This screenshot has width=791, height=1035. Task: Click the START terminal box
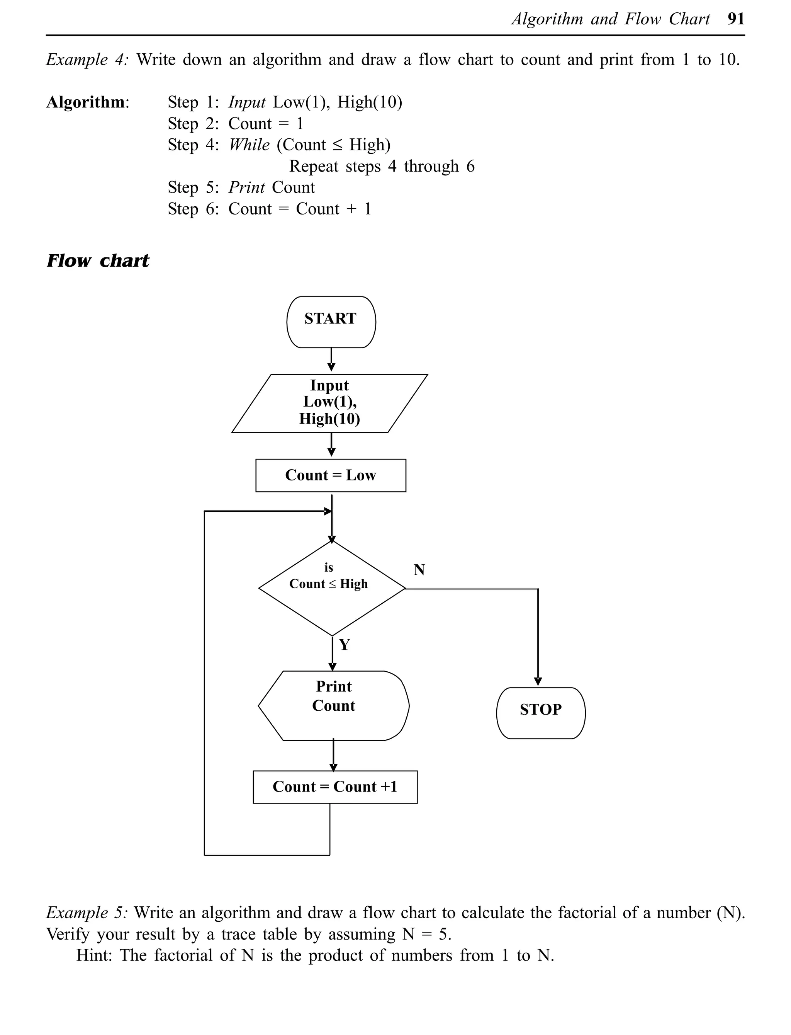point(331,322)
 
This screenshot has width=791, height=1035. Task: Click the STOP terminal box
point(540,713)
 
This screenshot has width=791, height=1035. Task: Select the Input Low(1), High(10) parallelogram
point(329,403)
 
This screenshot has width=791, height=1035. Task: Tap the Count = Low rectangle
point(331,475)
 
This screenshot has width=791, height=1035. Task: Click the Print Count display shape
point(333,705)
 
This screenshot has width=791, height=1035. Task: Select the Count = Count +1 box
point(335,787)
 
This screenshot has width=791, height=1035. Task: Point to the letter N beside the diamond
point(419,570)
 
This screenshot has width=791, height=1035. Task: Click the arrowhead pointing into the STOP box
point(538,681)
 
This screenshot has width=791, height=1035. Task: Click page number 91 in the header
point(736,19)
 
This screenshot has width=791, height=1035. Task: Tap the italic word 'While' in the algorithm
point(249,145)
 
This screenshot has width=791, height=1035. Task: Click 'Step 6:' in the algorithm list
point(193,209)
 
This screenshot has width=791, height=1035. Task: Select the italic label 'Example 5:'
point(86,912)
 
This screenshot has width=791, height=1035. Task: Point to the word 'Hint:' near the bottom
point(94,955)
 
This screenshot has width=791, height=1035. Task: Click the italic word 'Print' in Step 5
point(247,187)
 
